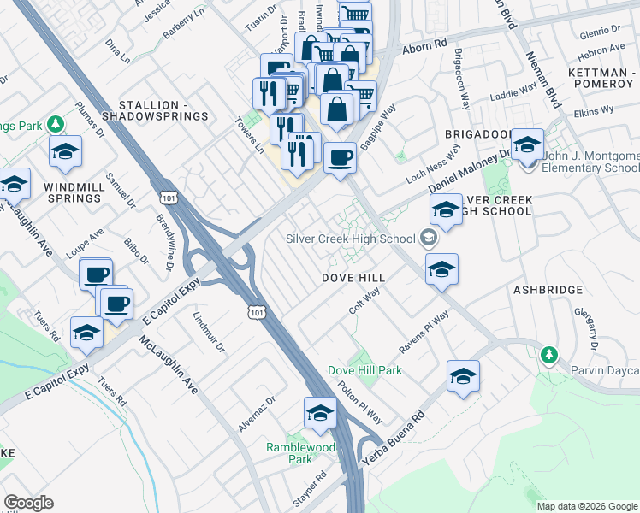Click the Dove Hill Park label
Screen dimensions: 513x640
pyautogui.click(x=364, y=370)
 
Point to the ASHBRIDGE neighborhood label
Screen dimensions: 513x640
pyautogui.click(x=547, y=291)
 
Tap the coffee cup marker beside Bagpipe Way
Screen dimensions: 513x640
pyautogui.click(x=341, y=158)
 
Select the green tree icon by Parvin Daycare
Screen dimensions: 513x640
pyautogui.click(x=548, y=354)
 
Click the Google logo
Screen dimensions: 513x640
pyautogui.click(x=29, y=503)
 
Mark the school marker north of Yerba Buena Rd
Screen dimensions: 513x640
pyautogui.click(x=463, y=376)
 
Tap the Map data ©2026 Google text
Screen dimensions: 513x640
pyautogui.click(x=587, y=506)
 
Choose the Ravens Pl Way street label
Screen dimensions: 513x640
pyautogui.click(x=424, y=334)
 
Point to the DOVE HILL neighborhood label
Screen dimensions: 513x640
pyautogui.click(x=353, y=278)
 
